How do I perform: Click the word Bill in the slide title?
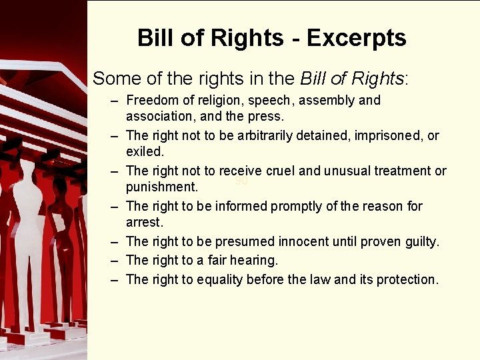click(154, 38)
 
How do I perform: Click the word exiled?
click(145, 153)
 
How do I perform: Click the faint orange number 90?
click(241, 181)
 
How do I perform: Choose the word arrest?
click(144, 223)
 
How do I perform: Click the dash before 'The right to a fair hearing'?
click(115, 260)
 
